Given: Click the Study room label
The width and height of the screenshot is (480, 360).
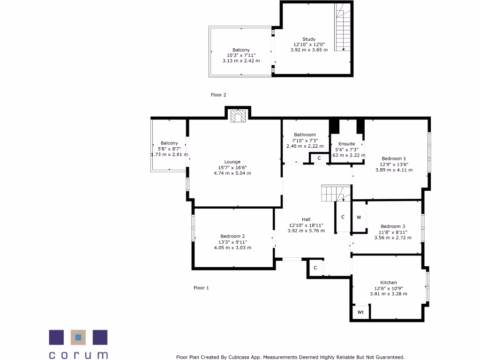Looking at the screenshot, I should click(308, 39).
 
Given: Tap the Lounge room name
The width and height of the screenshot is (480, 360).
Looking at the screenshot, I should click(232, 162).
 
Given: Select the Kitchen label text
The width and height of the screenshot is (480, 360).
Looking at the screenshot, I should click(388, 282).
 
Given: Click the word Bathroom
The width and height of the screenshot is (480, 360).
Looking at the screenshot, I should click(305, 135).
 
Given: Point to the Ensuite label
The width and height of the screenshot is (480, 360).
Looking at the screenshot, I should click(347, 143).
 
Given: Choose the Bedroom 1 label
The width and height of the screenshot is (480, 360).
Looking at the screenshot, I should click(394, 158).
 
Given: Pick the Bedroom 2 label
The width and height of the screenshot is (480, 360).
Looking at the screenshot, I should click(232, 236).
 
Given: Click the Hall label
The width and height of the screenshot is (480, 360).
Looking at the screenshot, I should click(306, 219).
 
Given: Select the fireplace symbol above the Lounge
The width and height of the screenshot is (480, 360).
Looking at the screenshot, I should click(239, 116).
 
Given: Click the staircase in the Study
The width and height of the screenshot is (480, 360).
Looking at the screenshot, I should click(343, 27).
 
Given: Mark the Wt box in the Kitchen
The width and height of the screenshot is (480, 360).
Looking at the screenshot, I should click(360, 312).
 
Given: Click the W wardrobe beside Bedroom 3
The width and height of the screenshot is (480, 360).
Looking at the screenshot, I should click(359, 217).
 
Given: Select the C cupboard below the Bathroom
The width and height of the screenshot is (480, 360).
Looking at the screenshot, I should click(319, 158).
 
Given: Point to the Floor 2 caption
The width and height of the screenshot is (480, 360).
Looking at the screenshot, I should click(218, 95).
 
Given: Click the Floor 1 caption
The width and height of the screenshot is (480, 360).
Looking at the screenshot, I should click(201, 288).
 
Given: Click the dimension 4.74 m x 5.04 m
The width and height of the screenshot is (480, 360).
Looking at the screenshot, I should click(232, 173).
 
